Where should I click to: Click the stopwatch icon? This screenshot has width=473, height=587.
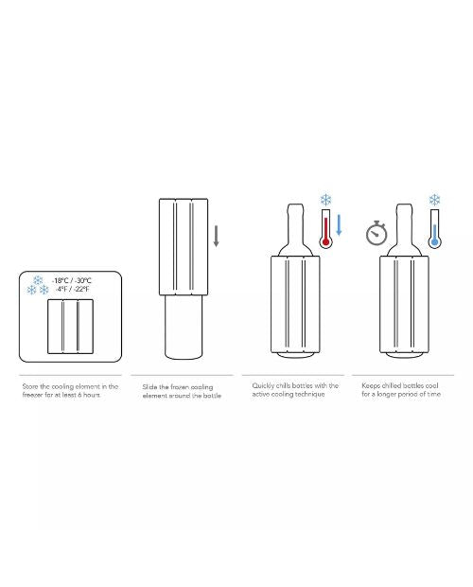377,233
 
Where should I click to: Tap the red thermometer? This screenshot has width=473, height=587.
325,229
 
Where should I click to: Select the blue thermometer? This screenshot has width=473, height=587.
434,229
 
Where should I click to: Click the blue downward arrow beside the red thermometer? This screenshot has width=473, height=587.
339,225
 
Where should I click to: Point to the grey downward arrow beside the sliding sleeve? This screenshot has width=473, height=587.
216,236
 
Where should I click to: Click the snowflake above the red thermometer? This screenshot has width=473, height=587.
326,200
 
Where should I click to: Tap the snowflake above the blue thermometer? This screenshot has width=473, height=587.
434,200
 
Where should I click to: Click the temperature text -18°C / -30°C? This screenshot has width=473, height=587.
71,280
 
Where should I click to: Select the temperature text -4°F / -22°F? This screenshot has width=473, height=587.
71,289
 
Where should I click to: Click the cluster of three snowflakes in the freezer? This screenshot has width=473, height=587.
38,286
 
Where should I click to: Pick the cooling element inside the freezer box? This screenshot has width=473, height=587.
70,326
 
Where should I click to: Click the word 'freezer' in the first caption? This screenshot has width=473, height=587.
32,395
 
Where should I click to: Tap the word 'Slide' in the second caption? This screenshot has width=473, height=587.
149,387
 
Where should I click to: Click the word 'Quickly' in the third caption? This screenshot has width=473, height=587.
263,386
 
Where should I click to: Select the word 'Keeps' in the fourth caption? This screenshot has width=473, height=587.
370,386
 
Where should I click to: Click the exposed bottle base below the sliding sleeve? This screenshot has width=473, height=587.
184,328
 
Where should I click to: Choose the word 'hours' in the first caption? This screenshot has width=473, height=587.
92,395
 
